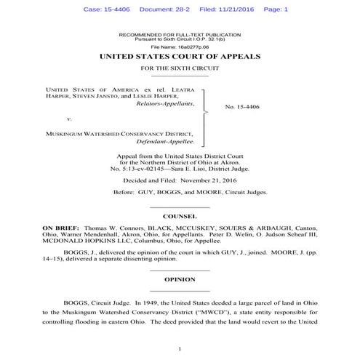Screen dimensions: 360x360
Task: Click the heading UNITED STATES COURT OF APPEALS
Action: tap(179, 56)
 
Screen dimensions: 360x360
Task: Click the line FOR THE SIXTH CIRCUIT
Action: tap(179, 68)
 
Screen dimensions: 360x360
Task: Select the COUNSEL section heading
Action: tap(179, 217)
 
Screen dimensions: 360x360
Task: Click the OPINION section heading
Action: tap(179, 279)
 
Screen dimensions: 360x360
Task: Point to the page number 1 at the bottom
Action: tap(179, 350)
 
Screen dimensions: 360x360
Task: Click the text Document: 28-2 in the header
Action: tap(169, 9)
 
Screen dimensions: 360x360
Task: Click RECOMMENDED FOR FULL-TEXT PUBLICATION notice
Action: tap(179, 34)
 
